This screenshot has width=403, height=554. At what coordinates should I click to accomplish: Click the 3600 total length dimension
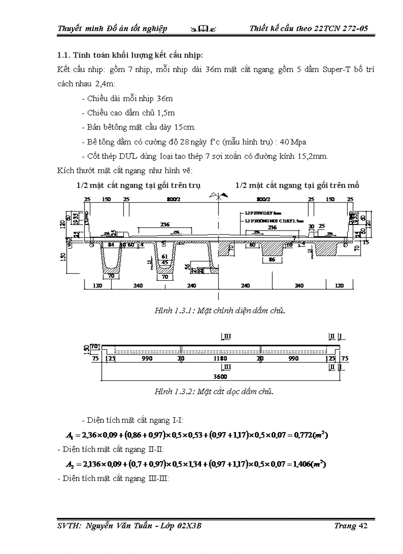coord(220,377)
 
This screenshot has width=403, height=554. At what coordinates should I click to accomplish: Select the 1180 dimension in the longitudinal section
coord(220,359)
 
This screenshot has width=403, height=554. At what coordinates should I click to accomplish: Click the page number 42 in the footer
coord(363,526)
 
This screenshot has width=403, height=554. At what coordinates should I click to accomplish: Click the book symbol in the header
coord(204,29)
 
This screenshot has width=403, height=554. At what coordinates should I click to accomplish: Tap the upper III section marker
coord(227,336)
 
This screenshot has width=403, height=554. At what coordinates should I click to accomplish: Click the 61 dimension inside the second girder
coord(164,257)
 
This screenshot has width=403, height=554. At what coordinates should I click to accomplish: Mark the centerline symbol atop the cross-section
coord(218,196)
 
